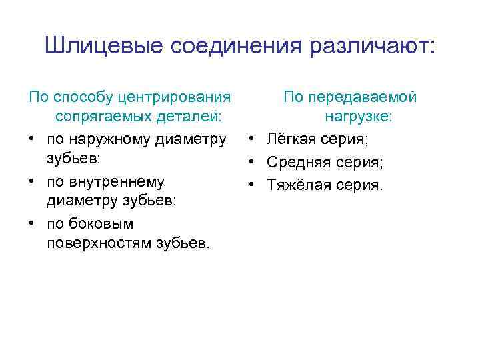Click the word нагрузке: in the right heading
(359, 118)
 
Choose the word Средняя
(296, 162)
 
